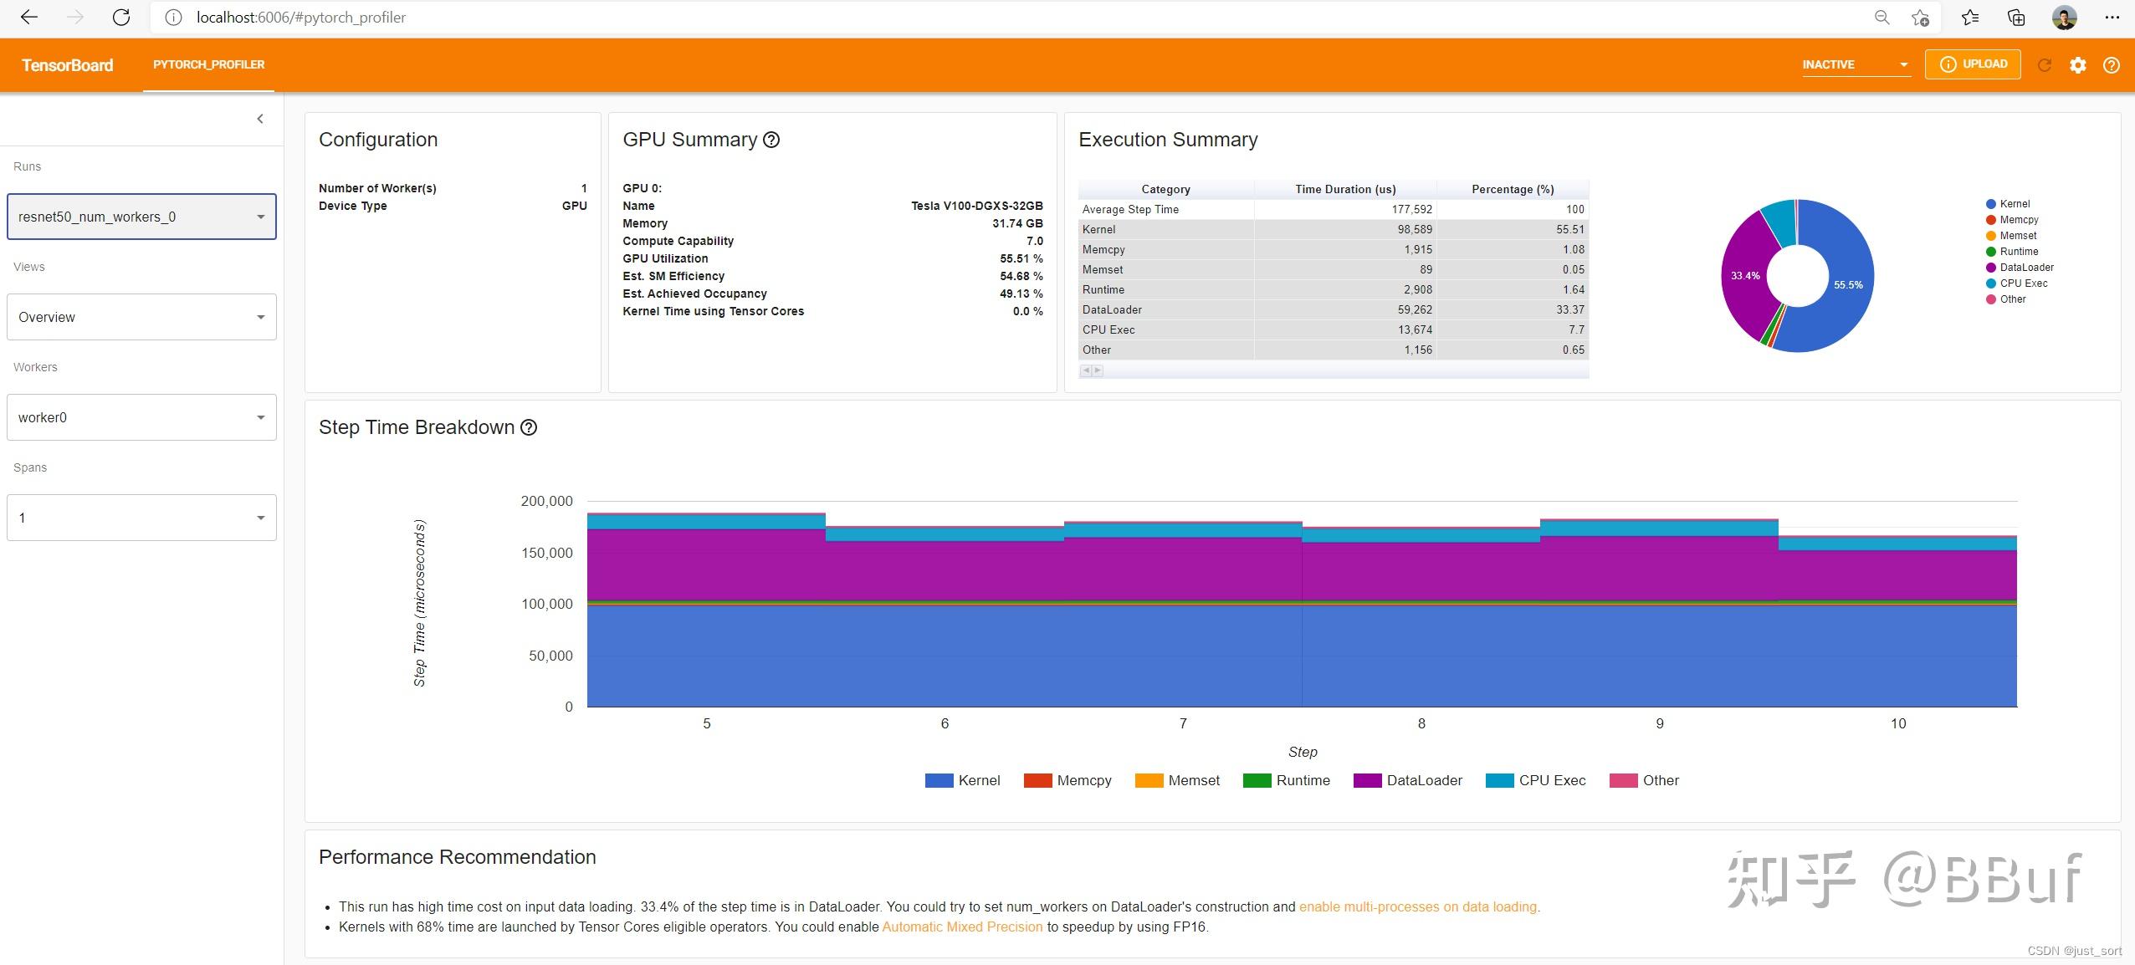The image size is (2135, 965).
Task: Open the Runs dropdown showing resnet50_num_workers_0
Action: [x=141, y=217]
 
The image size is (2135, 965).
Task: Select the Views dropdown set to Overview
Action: [x=141, y=317]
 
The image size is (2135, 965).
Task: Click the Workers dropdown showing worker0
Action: [x=141, y=417]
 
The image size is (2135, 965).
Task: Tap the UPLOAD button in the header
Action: [x=1972, y=64]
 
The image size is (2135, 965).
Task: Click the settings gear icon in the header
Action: [x=2077, y=65]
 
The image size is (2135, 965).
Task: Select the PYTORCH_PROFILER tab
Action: [x=208, y=64]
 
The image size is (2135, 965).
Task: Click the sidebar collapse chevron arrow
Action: [x=260, y=119]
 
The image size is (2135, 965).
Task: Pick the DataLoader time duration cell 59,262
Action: [x=1414, y=309]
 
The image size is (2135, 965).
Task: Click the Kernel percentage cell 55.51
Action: [x=1569, y=229]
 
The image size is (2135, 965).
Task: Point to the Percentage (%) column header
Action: [x=1512, y=189]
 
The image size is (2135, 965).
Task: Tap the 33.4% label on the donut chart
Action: [x=1745, y=275]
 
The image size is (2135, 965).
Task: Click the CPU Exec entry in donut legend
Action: [x=2022, y=283]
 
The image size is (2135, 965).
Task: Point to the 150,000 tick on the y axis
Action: [x=546, y=553]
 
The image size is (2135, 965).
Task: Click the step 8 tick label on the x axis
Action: [x=1421, y=723]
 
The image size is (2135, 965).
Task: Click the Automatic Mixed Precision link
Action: [x=962, y=927]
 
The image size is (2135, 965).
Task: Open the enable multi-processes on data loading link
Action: [x=1417, y=906]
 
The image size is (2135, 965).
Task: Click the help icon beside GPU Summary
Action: [x=771, y=140]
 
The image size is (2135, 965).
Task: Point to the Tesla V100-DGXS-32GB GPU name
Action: [x=976, y=206]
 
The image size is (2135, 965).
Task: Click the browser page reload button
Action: [x=121, y=18]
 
